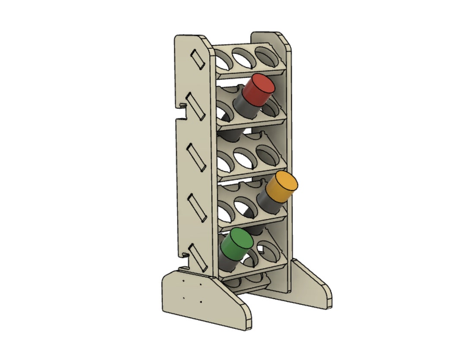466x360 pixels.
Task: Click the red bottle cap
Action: coord(258,90)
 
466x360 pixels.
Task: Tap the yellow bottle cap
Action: coord(282,186)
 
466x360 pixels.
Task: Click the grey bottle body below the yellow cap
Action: coord(268,203)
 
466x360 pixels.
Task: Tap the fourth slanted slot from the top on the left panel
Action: coord(196,206)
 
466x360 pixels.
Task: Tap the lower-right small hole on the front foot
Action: coord(201,302)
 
